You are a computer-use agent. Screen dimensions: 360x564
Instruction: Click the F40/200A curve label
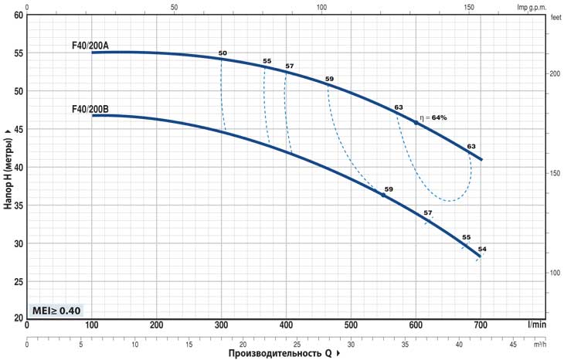pos(90,46)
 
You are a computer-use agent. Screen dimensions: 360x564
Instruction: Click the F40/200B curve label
pos(90,110)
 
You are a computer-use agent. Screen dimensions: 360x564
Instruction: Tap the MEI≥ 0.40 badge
pos(55,311)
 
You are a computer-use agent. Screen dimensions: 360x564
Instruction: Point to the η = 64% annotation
pos(434,117)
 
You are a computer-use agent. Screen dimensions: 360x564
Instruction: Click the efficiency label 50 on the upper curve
pos(223,53)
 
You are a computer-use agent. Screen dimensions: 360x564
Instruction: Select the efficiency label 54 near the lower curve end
pos(482,249)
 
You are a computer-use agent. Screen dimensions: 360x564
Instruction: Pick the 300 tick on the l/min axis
pos(222,325)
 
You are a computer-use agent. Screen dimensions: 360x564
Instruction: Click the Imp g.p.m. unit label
pos(532,6)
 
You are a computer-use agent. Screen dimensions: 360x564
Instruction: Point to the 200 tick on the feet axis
pos(554,73)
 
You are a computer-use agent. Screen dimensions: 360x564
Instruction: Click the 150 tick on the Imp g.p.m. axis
pos(470,6)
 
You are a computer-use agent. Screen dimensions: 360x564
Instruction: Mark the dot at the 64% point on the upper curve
pos(416,123)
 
